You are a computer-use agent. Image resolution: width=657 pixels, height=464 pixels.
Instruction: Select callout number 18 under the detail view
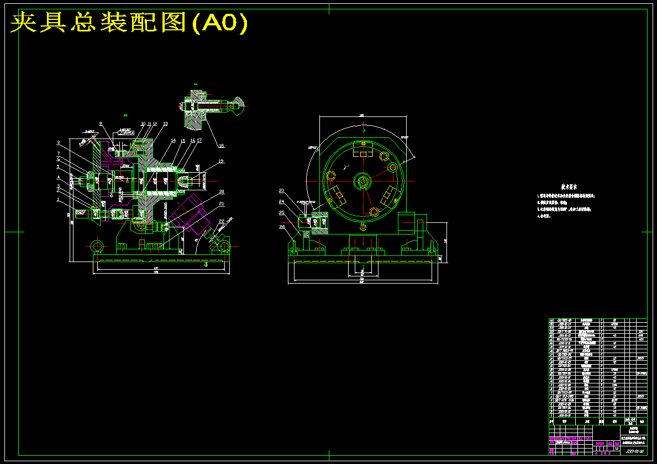pos(221,146)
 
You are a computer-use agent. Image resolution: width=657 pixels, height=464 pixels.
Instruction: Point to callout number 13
pos(165,124)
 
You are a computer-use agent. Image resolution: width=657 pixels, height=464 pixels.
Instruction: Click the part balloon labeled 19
pos(220,161)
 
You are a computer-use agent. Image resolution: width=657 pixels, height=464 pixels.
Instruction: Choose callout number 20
pos(222,191)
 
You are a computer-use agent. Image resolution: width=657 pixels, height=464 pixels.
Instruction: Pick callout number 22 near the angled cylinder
pos(222,221)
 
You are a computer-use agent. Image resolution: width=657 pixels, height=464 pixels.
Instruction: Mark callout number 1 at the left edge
pos(58,200)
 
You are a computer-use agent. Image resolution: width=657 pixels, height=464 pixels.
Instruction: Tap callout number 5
pos(58,167)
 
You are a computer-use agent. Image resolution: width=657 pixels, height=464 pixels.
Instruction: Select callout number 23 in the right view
pos(281,190)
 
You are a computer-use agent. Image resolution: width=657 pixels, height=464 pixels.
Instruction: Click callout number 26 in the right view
pos(282,226)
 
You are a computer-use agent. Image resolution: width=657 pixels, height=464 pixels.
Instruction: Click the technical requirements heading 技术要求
pos(559,187)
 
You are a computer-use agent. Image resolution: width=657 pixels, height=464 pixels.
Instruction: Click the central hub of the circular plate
pos(363,180)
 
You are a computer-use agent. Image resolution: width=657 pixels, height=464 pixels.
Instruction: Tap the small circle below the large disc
pos(362,226)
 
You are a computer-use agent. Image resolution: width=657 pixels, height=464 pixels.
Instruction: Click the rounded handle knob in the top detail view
pos(238,106)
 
